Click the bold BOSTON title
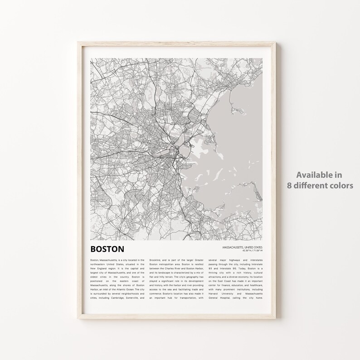coord(107,249)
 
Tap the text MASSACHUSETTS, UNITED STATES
coord(242,247)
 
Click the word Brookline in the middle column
coord(157,260)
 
